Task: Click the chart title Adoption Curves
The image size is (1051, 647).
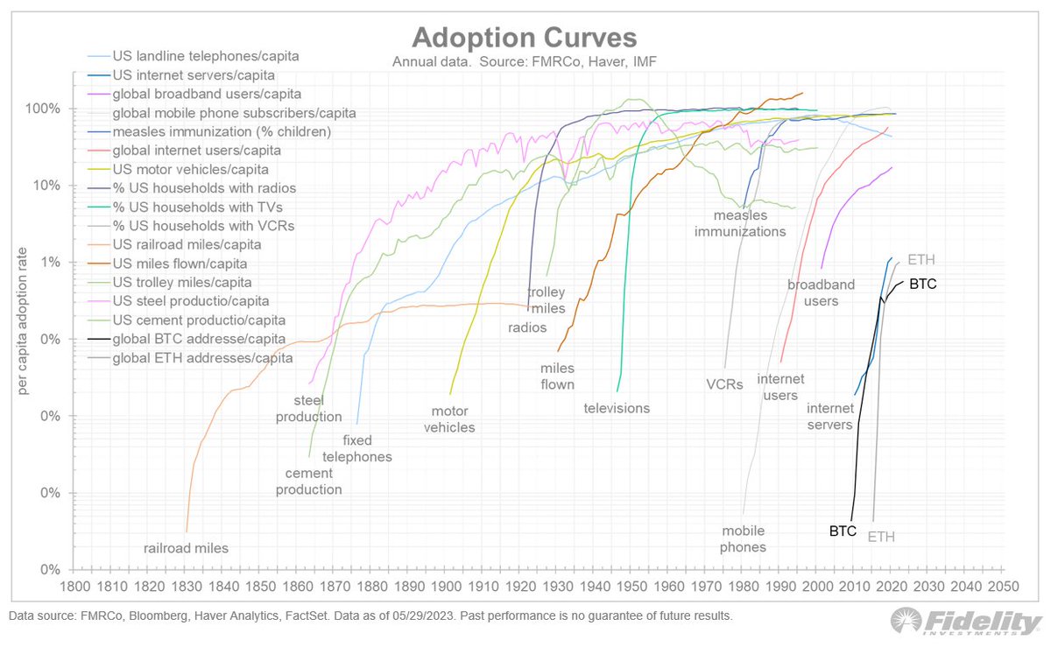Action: [525, 38]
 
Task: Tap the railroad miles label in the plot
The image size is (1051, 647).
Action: [186, 549]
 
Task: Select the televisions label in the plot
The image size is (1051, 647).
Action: [617, 408]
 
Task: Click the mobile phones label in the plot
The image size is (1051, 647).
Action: [744, 539]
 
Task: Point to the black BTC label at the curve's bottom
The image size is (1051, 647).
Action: [843, 531]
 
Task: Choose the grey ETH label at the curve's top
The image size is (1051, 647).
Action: [921, 260]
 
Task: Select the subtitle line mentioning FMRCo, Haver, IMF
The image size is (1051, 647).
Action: [525, 63]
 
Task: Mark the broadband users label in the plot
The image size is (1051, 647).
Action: [813, 293]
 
